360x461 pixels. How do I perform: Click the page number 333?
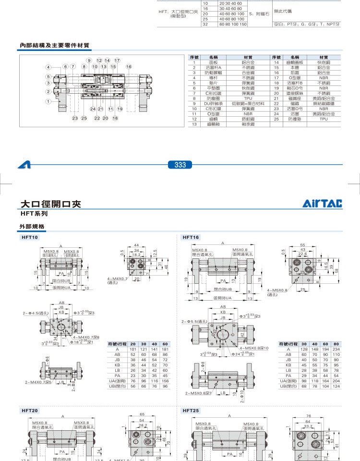[180, 165]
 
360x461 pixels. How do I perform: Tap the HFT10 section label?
[29, 237]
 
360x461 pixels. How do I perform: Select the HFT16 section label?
[190, 237]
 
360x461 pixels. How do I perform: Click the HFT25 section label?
[191, 411]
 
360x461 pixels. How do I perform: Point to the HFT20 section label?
[29, 411]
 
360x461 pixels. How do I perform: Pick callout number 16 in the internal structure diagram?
[129, 66]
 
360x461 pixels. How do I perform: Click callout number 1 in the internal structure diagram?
[48, 101]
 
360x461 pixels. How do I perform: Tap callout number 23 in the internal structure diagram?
[75, 118]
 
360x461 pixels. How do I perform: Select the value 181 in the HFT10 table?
[165, 349]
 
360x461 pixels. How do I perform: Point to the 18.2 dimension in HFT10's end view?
[136, 255]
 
